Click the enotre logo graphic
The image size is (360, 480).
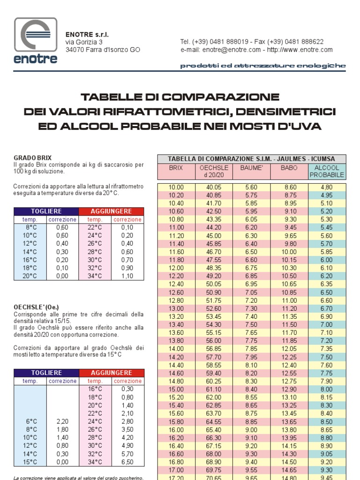(x=36, y=41)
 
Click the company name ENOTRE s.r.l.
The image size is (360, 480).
(x=87, y=35)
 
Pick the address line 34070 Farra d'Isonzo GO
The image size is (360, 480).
(x=103, y=50)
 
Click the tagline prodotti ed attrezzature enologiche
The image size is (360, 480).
(x=263, y=66)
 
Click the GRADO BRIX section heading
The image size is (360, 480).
(x=33, y=158)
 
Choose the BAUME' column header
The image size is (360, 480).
(x=252, y=167)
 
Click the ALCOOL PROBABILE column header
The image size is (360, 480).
(x=327, y=171)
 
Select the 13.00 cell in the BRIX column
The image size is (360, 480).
(x=176, y=308)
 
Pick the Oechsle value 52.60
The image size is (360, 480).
(x=214, y=308)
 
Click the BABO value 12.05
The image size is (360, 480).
(x=289, y=349)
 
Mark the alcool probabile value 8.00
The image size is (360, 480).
(x=327, y=389)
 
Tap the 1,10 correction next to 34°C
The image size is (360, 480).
(x=127, y=276)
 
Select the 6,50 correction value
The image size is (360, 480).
(x=127, y=462)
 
